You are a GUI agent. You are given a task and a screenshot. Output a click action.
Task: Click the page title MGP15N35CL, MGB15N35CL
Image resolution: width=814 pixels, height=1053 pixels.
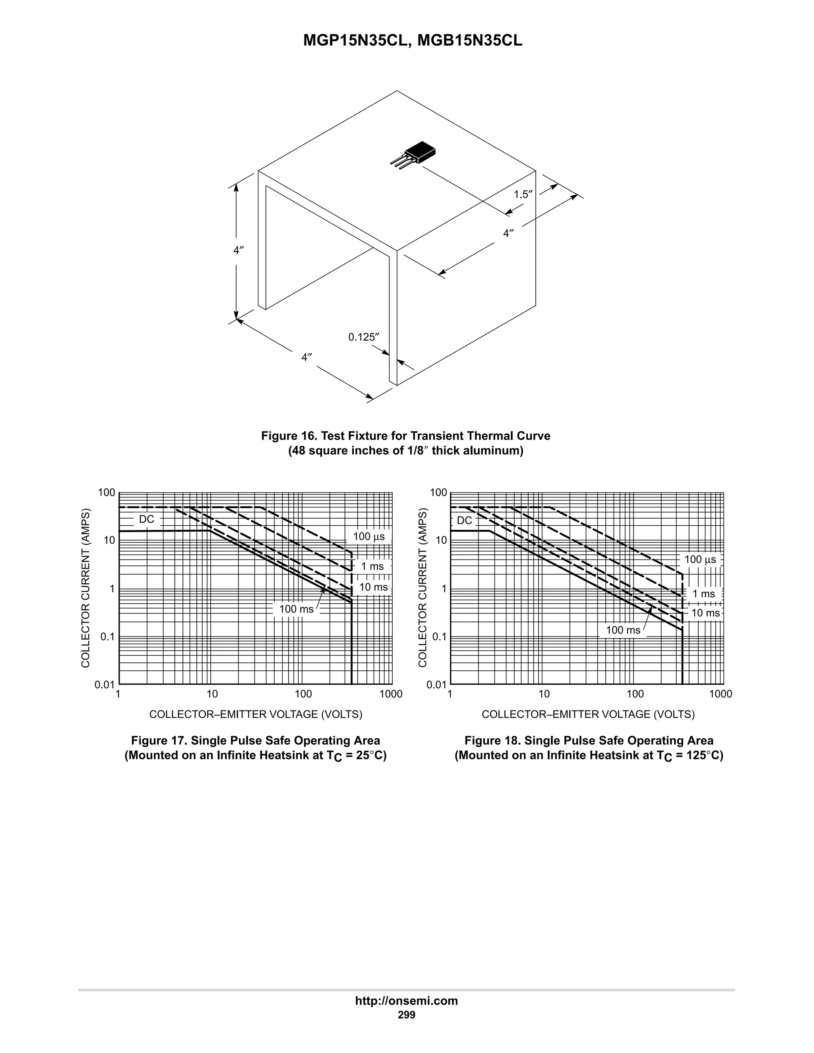click(x=412, y=41)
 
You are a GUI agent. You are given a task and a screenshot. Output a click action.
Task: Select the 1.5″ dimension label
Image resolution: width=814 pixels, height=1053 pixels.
click(x=523, y=194)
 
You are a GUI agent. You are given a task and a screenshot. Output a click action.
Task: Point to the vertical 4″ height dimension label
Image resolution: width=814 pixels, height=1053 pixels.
click(x=238, y=250)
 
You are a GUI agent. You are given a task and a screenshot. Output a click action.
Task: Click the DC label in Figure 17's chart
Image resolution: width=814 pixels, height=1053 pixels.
click(x=146, y=519)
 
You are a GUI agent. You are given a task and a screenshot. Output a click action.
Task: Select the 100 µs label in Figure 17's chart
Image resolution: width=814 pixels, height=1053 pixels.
click(x=368, y=536)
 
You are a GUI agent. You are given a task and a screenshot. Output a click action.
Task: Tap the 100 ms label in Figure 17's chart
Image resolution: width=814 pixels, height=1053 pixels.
click(x=296, y=609)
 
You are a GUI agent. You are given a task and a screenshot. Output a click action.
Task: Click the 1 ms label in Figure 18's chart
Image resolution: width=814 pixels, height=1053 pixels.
click(x=704, y=594)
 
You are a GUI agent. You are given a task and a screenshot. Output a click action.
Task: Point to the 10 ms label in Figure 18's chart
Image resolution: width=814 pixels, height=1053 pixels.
click(x=705, y=613)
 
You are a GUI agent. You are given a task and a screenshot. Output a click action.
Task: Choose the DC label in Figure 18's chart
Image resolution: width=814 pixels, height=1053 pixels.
click(x=464, y=520)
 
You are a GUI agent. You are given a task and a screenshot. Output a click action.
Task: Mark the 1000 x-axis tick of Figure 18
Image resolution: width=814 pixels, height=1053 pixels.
click(x=721, y=694)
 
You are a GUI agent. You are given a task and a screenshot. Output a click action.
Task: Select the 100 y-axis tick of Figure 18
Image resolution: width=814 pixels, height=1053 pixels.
click(x=438, y=493)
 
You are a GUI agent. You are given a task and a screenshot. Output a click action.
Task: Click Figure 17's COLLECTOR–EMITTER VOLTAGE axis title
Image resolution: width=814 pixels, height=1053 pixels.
click(x=256, y=714)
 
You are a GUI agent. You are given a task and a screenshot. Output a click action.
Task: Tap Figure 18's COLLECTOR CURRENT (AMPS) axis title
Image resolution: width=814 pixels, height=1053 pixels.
click(x=423, y=588)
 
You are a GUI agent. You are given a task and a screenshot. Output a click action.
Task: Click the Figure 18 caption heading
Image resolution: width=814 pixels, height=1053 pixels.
click(x=588, y=741)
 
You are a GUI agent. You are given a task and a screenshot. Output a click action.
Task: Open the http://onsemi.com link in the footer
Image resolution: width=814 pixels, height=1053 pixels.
click(x=406, y=1001)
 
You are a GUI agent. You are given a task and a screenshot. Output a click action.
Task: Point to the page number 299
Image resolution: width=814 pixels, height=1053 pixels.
click(x=406, y=1015)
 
